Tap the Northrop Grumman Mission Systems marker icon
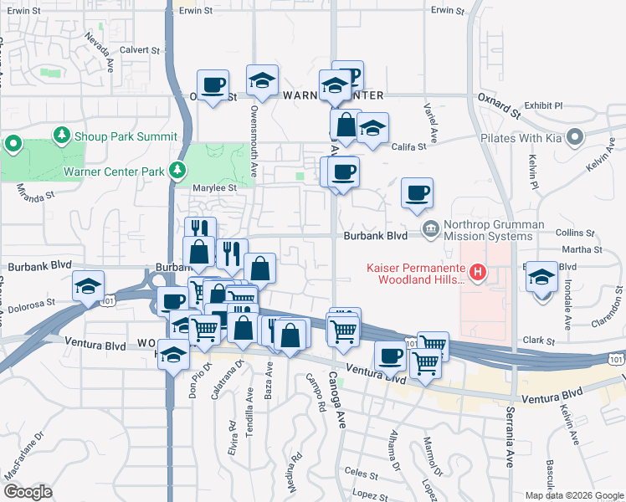(431, 228)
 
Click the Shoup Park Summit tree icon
(61, 136)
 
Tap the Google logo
(28, 491)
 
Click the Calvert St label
(139, 50)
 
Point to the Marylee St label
(215, 188)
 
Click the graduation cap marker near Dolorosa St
(87, 286)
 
